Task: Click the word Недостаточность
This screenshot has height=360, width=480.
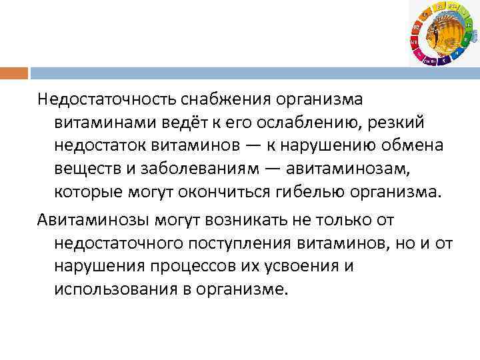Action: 105,100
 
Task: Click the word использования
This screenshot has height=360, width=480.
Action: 115,289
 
